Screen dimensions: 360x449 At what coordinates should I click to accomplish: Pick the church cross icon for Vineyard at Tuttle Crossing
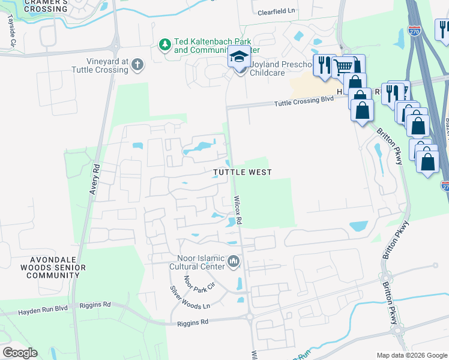pyautogui.click(x=137, y=65)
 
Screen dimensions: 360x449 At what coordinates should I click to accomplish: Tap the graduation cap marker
pyautogui.click(x=239, y=59)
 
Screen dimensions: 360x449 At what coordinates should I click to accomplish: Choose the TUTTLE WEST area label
pyautogui.click(x=243, y=172)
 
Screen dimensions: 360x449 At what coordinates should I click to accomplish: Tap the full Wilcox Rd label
pyautogui.click(x=238, y=210)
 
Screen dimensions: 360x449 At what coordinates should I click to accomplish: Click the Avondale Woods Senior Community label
pyautogui.click(x=53, y=267)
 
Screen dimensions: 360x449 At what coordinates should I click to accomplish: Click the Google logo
pyautogui.click(x=20, y=353)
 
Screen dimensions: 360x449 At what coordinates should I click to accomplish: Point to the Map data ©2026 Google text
pyautogui.click(x=411, y=355)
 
